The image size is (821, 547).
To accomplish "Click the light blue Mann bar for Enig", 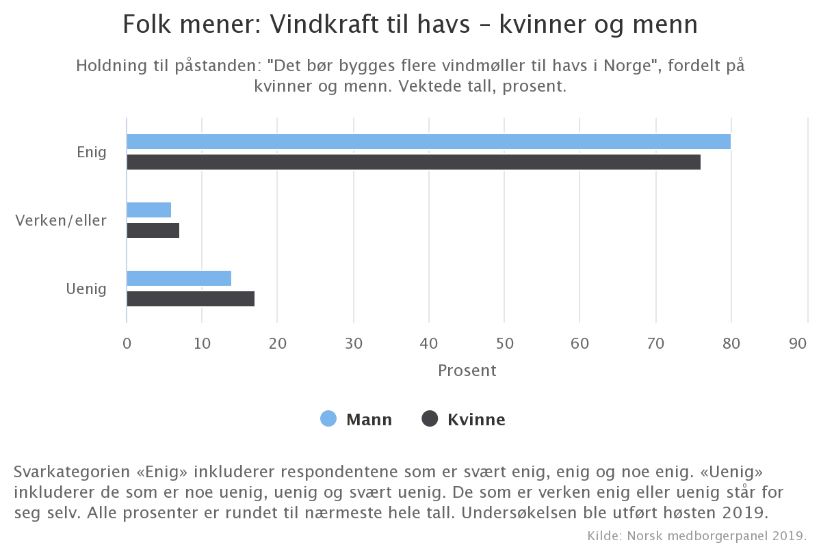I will click(x=428, y=142).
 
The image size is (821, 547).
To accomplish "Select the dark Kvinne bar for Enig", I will click(x=413, y=162).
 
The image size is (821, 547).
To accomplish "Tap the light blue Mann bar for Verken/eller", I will click(x=148, y=210).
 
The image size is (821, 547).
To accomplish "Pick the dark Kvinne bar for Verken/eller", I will click(x=153, y=230).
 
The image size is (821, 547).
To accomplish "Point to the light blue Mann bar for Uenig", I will click(x=179, y=278).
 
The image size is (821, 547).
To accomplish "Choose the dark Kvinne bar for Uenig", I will click(x=190, y=299).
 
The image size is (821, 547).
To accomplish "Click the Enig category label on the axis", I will click(x=92, y=152).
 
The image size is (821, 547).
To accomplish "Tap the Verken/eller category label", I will click(x=61, y=220).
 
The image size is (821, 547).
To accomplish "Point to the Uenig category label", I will click(x=86, y=289).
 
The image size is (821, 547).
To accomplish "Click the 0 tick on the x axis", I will click(x=127, y=344).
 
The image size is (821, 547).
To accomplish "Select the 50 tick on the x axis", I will click(x=504, y=344).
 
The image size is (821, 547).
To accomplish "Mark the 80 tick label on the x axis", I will click(x=731, y=344).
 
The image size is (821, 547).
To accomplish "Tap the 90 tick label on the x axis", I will click(x=798, y=344).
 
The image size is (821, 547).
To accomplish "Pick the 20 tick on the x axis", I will click(x=278, y=344).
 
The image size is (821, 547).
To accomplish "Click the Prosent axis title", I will click(x=467, y=371).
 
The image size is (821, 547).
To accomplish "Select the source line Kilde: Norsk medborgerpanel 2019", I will click(x=697, y=534).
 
